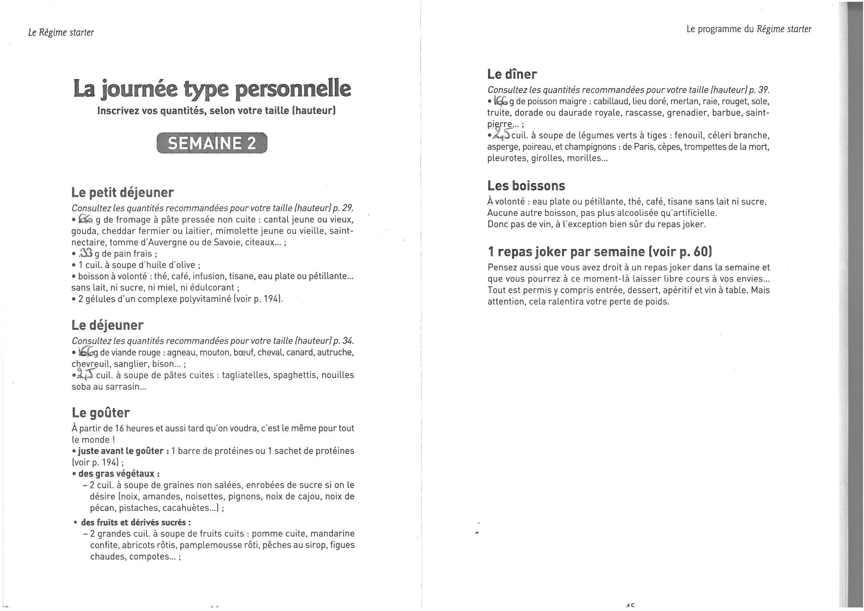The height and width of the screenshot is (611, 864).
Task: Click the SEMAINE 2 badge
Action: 211,143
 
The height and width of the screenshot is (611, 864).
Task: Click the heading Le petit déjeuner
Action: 122,193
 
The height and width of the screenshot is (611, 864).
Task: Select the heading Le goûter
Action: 101,413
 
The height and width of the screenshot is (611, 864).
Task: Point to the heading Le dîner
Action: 512,74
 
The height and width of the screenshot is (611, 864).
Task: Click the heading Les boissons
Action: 526,186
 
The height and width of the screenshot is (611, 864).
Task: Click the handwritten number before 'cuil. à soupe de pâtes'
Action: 85,374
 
